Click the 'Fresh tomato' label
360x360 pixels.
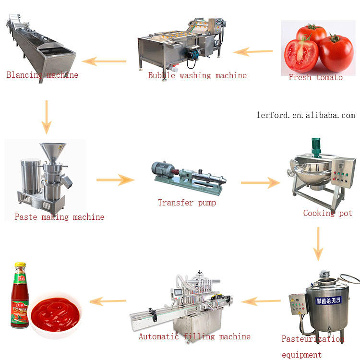pos(315,77)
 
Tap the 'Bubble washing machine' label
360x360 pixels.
pos(197,75)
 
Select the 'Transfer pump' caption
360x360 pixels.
pos(187,203)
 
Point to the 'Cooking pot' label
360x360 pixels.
pos(327,213)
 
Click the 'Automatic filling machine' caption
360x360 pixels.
pos(194,336)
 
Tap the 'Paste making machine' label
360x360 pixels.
pos(59,217)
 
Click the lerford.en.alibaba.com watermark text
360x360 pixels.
pos(306,115)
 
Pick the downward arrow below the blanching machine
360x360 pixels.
pos(46,117)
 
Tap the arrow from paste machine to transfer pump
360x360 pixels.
pos(115,180)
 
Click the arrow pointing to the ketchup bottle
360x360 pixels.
pos(108,301)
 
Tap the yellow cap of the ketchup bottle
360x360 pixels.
pos(20,265)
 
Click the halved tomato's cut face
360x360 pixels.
pos(301,55)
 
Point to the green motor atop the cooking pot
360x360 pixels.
pos(316,147)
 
